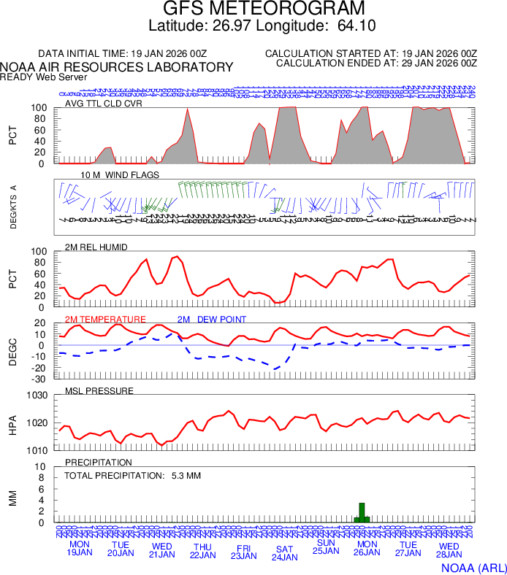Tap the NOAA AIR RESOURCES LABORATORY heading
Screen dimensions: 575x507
tap(117, 67)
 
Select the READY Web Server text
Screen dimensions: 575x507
tap(44, 77)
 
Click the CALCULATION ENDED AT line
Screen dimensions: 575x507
tap(377, 63)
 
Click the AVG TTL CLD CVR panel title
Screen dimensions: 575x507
tap(104, 103)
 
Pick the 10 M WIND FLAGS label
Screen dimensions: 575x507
tap(120, 175)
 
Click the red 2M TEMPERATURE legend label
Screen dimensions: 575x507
tap(105, 320)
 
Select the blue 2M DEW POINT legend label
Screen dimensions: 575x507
tap(212, 320)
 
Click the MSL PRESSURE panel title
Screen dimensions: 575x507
tap(99, 391)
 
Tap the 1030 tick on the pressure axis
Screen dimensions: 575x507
tap(38, 395)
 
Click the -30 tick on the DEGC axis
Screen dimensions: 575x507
tap(40, 378)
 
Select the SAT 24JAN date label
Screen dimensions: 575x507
tap(284, 552)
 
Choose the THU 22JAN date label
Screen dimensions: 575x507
tap(202, 551)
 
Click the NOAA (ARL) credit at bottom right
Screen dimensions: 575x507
tap(473, 566)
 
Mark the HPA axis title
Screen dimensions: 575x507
tap(12, 423)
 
